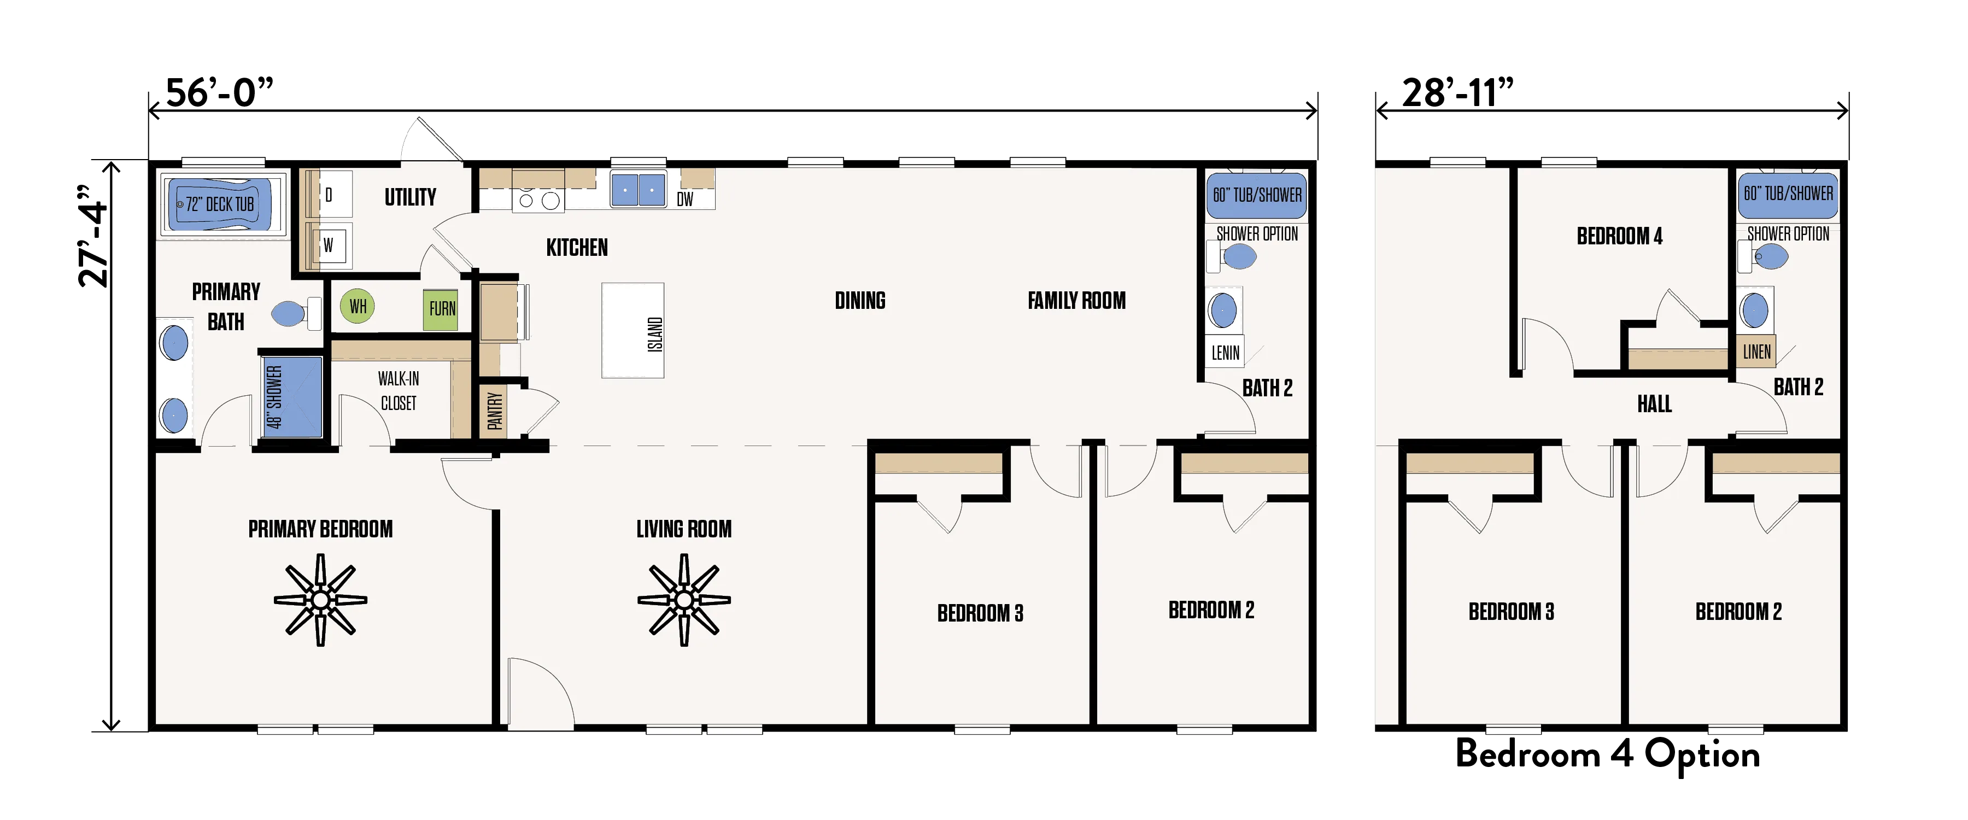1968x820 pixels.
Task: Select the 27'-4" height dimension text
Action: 95,236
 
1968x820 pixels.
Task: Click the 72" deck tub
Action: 219,204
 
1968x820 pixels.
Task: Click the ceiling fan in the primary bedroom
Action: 320,600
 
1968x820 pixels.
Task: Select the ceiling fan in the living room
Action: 684,600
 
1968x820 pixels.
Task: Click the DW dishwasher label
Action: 684,200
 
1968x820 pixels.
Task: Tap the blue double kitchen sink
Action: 638,189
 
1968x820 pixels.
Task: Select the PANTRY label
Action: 494,411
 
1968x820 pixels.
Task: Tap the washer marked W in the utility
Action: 329,245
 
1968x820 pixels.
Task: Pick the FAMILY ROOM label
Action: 1076,300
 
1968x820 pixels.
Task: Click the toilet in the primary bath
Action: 295,313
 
